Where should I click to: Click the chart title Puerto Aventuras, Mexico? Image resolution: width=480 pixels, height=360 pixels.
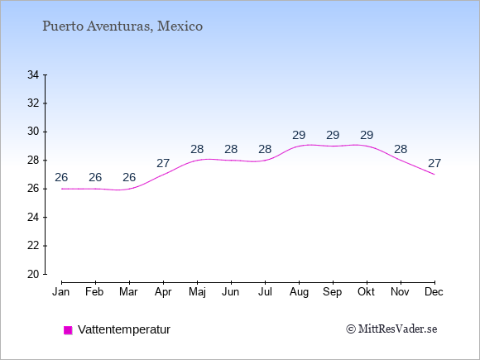coord(122,26)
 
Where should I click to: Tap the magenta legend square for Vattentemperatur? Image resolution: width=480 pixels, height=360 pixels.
coord(68,330)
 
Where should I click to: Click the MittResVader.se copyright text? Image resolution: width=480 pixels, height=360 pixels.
coord(391,329)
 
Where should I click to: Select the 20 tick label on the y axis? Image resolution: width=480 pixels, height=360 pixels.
coord(33,274)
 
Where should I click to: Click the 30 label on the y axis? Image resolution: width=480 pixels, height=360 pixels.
coord(33,132)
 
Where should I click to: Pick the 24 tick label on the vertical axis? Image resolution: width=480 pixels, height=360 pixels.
coord(33,218)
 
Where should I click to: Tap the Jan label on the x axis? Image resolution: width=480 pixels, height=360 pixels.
coord(61,292)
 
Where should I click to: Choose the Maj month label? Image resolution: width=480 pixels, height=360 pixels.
coord(197,292)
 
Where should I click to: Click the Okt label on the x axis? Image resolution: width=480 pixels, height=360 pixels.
coord(366,292)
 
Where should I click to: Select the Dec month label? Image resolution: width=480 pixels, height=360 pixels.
coord(434,292)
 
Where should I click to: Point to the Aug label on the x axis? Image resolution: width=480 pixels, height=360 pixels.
coord(299,292)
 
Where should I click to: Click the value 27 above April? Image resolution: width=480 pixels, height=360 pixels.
coord(163,164)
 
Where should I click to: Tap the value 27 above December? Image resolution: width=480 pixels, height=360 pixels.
coord(434,164)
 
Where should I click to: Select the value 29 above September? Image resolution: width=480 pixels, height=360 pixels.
coord(333,135)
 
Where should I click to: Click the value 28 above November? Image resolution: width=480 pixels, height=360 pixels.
coord(401,150)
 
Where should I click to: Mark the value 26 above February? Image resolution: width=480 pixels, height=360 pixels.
coord(95,177)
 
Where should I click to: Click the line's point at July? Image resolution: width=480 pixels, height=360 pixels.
coord(265,160)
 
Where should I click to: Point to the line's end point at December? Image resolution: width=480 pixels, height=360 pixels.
coord(434,175)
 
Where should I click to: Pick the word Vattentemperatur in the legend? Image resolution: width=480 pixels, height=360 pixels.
coord(124,329)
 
